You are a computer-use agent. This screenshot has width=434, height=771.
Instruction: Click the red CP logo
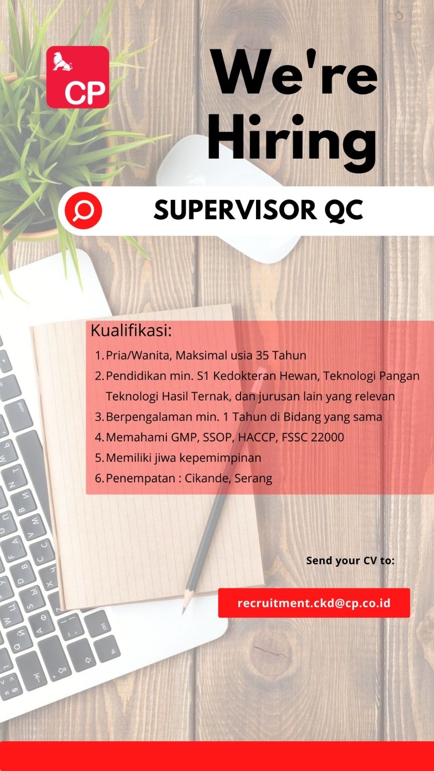click(78, 77)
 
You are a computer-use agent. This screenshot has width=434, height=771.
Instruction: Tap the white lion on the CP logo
click(62, 62)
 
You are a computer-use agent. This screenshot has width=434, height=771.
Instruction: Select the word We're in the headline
click(295, 72)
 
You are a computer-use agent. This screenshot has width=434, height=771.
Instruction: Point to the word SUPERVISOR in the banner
click(235, 210)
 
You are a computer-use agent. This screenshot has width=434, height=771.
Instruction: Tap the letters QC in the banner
click(344, 210)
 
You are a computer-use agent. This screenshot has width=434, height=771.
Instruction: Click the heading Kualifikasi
click(131, 331)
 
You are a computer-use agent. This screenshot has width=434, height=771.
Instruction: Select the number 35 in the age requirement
click(262, 355)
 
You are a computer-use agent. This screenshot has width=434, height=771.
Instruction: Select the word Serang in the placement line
click(254, 479)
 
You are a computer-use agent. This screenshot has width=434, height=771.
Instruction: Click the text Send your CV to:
click(350, 561)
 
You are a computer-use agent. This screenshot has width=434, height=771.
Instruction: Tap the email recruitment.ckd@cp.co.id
click(314, 603)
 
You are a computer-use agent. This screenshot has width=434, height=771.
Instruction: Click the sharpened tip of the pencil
click(184, 611)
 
